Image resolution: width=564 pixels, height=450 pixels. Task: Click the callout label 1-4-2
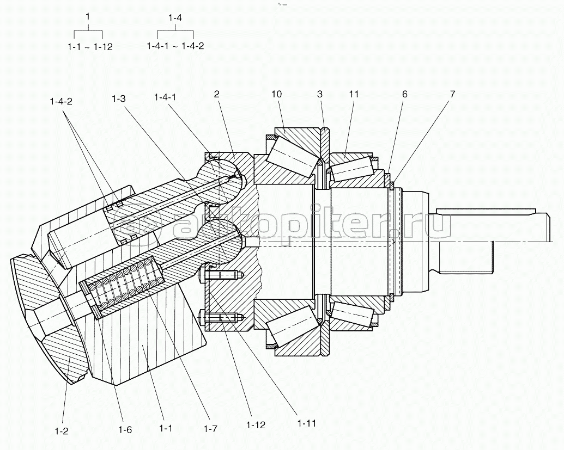61,102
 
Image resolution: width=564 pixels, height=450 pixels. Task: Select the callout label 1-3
118,98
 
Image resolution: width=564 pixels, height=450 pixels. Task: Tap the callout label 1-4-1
165,97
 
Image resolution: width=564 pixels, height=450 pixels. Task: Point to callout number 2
216,94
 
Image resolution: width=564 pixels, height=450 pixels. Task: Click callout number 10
277,94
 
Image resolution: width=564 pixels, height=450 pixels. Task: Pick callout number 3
320,94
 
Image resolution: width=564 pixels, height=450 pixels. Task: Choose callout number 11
354,94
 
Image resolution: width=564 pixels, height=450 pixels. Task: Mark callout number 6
405,94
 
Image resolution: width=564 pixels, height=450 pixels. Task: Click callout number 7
452,94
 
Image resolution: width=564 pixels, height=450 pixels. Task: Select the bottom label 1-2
61,430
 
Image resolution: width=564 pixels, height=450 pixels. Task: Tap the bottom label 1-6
125,429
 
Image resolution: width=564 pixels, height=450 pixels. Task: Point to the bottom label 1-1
166,428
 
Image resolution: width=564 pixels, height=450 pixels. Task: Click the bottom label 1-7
210,428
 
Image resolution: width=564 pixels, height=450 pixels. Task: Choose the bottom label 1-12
256,425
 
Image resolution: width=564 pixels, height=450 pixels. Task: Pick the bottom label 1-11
306,423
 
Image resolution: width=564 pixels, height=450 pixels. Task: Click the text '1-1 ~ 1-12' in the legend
90,47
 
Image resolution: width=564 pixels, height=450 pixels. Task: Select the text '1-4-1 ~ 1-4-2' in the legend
175,46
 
